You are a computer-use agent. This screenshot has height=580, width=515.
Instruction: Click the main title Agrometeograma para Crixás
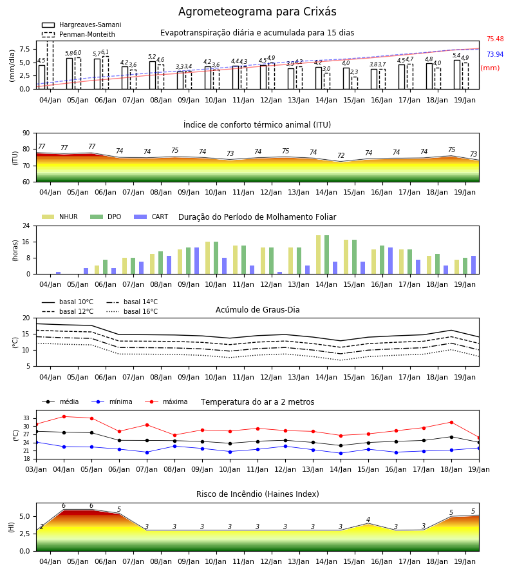(257, 12)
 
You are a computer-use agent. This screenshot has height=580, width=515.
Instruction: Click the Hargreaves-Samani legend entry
(82, 24)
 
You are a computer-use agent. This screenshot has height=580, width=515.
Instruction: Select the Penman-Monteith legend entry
(79, 34)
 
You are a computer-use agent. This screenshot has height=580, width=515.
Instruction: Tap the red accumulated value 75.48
(495, 39)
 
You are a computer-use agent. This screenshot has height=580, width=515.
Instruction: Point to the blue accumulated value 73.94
(495, 54)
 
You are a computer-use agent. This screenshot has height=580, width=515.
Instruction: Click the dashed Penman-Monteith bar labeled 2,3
(354, 83)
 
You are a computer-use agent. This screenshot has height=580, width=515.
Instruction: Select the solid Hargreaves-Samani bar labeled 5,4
(457, 75)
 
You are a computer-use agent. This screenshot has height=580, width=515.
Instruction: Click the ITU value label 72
(341, 155)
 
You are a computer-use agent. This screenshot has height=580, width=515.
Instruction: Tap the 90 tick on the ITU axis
(26, 133)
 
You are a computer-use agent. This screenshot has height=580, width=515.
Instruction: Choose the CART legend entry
(151, 217)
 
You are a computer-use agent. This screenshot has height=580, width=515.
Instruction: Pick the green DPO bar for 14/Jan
(326, 255)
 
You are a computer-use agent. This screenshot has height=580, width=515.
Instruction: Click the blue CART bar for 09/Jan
(196, 261)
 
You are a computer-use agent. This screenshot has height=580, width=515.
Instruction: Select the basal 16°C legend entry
(132, 311)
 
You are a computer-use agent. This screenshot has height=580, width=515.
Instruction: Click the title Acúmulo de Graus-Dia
(257, 309)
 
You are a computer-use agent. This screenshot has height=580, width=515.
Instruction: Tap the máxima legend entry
(166, 401)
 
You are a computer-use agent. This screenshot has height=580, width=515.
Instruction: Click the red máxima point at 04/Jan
(64, 416)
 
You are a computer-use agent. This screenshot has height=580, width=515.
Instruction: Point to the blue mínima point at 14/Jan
(341, 453)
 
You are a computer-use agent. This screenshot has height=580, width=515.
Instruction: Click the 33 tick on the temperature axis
(26, 418)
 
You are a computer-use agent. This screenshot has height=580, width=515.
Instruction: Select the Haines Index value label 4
(368, 519)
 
